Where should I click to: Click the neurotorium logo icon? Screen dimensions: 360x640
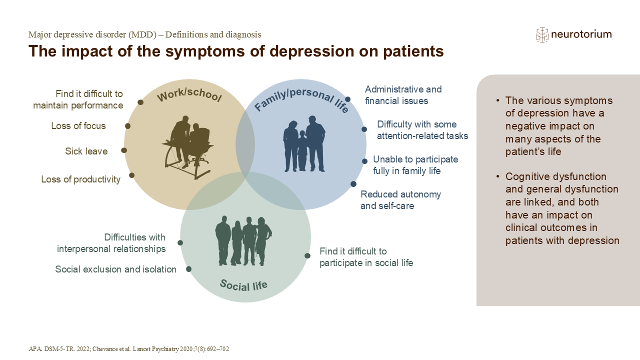point(542,34)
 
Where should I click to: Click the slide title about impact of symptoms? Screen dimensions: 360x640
point(236,51)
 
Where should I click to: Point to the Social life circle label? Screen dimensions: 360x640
point(243,285)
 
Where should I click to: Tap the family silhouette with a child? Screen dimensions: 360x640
point(304,144)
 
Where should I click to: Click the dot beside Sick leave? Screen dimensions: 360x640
point(124,150)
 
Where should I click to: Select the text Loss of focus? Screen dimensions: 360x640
point(78,126)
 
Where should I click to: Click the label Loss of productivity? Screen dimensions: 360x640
point(81,179)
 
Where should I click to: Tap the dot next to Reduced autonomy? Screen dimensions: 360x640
point(353,184)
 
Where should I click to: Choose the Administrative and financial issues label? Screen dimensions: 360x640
point(403,95)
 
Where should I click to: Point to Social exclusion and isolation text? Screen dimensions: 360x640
point(115,269)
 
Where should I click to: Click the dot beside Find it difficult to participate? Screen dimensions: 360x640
point(307,255)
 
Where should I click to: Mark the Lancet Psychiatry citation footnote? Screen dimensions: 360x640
point(128,349)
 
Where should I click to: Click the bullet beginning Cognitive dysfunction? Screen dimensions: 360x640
point(562,208)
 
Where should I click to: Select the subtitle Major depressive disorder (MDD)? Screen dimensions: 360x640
point(144,34)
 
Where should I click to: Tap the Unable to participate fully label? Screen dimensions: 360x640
point(415,165)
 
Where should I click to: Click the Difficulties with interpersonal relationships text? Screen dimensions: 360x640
point(111,243)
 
